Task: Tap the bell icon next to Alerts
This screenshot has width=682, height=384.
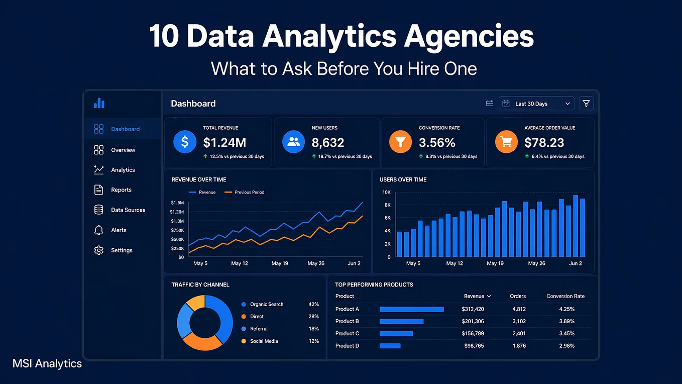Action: pyautogui.click(x=98, y=230)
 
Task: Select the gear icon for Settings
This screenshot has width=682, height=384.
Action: pyautogui.click(x=98, y=250)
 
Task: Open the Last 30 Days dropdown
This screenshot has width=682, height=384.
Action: pyautogui.click(x=536, y=104)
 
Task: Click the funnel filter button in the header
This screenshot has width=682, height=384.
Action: pyautogui.click(x=586, y=104)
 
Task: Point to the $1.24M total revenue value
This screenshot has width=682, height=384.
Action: pyautogui.click(x=224, y=143)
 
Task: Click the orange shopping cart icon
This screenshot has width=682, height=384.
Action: pyautogui.click(x=506, y=142)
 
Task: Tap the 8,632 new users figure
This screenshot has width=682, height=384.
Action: pyautogui.click(x=327, y=143)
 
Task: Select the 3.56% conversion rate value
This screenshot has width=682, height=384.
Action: pyautogui.click(x=437, y=143)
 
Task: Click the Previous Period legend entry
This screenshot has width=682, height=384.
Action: pyautogui.click(x=244, y=193)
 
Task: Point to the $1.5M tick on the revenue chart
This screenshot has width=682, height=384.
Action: pyautogui.click(x=177, y=203)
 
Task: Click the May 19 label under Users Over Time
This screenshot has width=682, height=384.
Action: pyautogui.click(x=495, y=263)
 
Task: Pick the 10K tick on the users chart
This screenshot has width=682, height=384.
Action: pyautogui.click(x=386, y=193)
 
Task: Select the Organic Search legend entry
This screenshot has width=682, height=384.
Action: pyautogui.click(x=262, y=304)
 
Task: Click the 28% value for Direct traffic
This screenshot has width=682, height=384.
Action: pyautogui.click(x=313, y=316)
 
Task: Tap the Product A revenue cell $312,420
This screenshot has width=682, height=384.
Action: pyautogui.click(x=473, y=309)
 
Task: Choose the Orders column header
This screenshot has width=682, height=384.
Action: pyautogui.click(x=518, y=296)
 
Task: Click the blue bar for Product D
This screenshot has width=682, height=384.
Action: pyautogui.click(x=390, y=346)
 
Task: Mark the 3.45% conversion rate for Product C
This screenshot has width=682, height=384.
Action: pyautogui.click(x=566, y=333)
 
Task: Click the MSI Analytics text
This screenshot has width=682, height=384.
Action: pyautogui.click(x=47, y=363)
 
